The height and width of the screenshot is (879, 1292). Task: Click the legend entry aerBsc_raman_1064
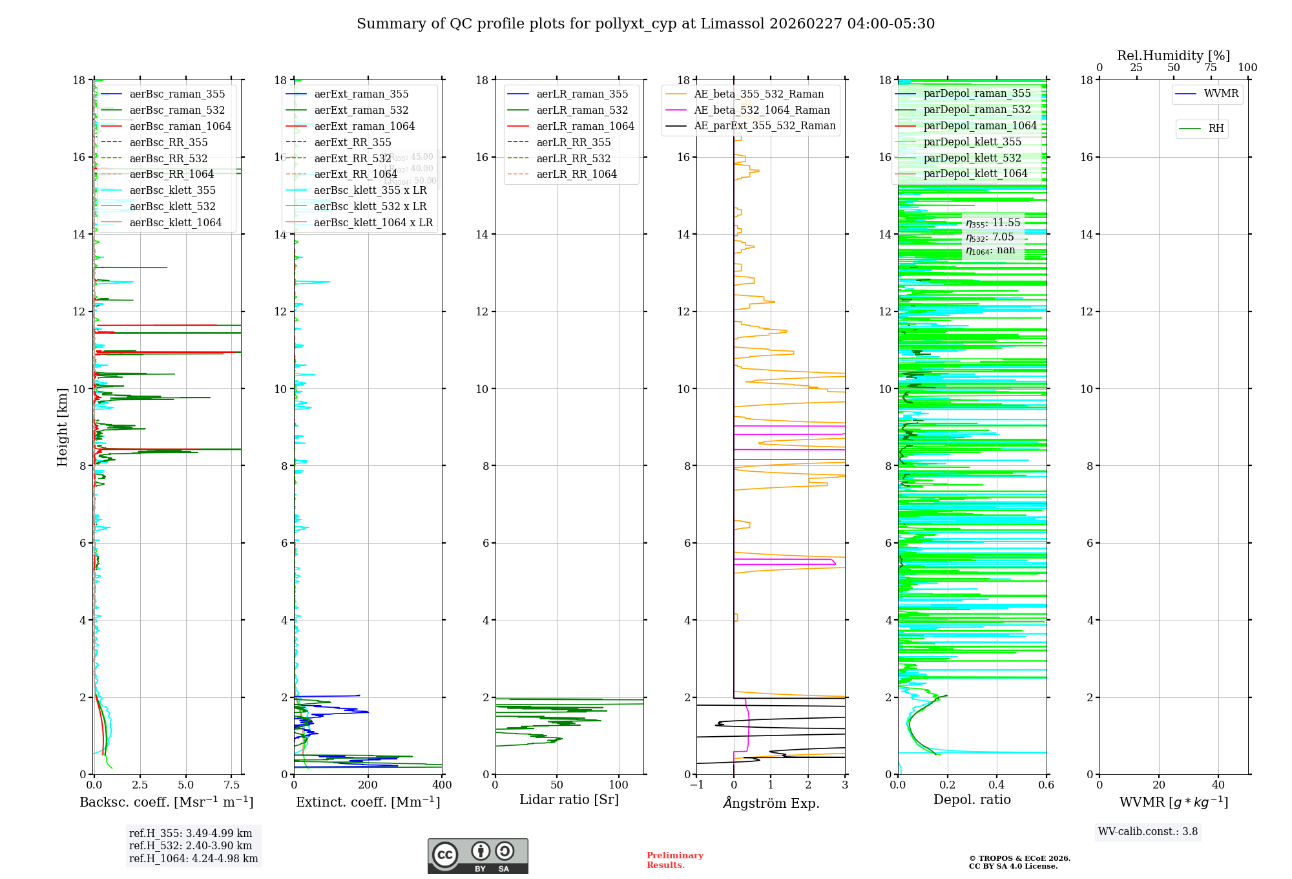180,126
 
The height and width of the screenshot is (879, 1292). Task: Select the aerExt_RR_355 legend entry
352,142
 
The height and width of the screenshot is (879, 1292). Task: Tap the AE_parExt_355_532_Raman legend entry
764,125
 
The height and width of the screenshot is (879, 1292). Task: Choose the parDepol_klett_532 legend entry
972,158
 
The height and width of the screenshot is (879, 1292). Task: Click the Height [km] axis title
62,427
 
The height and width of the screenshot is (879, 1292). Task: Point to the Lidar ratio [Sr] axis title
568,800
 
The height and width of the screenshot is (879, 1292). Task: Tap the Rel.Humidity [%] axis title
1173,56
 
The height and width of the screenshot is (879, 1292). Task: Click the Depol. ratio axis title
972,800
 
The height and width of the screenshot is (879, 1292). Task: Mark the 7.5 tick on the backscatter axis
231,785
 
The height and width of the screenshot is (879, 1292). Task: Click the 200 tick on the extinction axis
368,785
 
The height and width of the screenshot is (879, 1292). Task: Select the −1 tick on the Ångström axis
696,785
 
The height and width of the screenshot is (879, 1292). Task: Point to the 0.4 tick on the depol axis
997,785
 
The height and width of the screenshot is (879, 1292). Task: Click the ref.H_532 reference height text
190,845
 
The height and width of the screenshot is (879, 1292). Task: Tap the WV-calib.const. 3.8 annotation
1147,832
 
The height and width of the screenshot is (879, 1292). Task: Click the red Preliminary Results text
674,860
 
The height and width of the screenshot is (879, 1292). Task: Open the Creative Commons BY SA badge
477,856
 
